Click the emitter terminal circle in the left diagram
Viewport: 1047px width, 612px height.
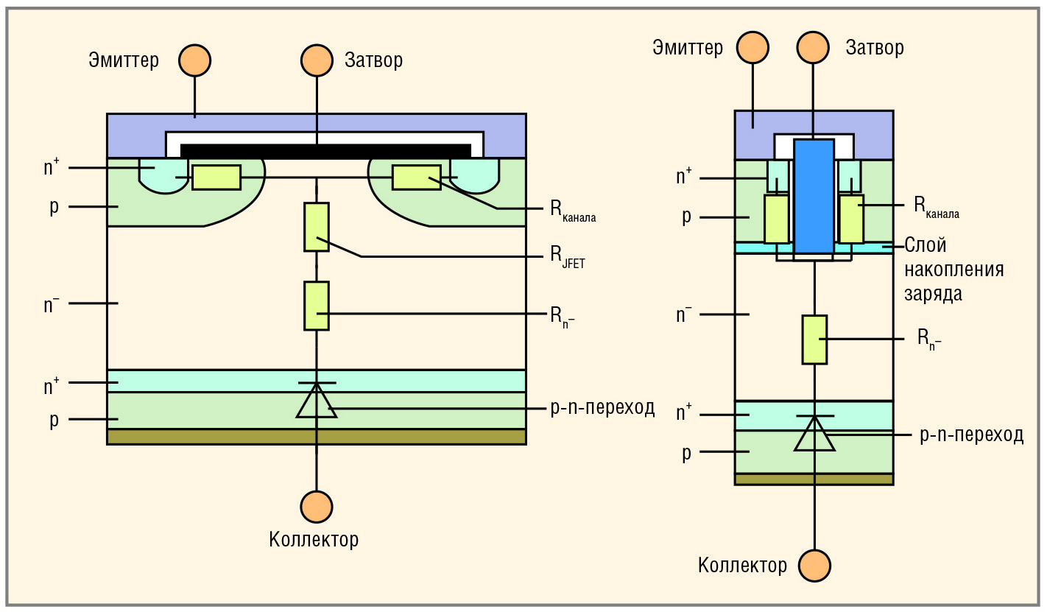[x=194, y=60]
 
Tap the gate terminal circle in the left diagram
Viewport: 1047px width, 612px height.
[x=317, y=60]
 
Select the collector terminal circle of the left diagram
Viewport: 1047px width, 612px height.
[x=317, y=507]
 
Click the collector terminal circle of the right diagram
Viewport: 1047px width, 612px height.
[x=814, y=565]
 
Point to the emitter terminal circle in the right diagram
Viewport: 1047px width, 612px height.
[x=752, y=47]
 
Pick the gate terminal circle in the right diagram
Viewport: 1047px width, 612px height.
[x=814, y=47]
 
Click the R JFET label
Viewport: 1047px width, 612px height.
[x=568, y=258]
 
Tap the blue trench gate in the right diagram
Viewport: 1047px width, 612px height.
[x=814, y=195]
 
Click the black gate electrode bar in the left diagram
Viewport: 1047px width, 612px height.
[x=325, y=151]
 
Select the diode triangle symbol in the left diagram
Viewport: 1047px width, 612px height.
[x=317, y=401]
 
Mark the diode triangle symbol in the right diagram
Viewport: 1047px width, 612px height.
[x=814, y=434]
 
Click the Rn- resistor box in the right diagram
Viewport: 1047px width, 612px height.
[x=814, y=339]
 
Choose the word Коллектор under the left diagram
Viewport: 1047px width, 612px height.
[x=314, y=540]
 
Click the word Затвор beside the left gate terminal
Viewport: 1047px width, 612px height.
[x=374, y=60]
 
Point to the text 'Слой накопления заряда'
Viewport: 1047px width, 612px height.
[x=953, y=270]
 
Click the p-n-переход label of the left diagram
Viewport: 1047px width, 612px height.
[x=603, y=408]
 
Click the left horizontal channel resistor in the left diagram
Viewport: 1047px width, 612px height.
[x=216, y=177]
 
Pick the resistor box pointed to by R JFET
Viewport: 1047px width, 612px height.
[x=317, y=227]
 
